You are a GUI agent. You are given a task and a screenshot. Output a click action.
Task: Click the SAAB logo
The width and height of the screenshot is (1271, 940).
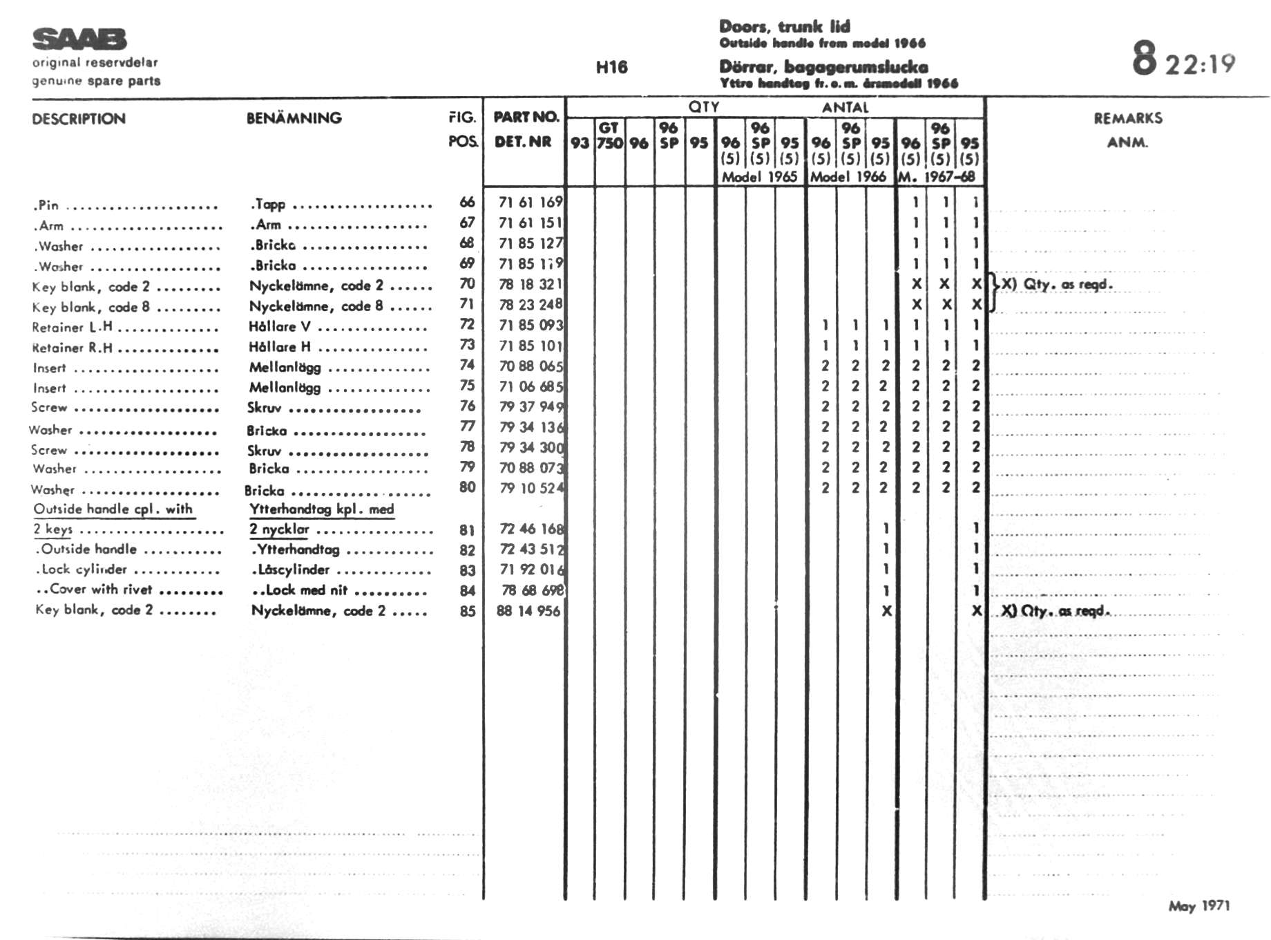tap(79, 39)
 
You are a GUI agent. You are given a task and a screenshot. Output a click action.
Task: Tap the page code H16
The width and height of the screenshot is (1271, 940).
tap(611, 67)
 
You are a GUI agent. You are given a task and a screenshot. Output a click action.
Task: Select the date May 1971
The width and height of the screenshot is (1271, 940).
tap(1198, 905)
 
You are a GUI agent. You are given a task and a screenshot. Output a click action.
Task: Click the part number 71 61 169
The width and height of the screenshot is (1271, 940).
tap(531, 202)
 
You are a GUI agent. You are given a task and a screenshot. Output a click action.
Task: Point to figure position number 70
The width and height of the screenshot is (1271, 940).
tap(468, 283)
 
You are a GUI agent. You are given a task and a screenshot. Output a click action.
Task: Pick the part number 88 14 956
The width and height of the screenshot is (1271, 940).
tap(528, 611)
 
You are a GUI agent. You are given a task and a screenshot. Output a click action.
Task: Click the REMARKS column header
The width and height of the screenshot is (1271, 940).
tap(1127, 118)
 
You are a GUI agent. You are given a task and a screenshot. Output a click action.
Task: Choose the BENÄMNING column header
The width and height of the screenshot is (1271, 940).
tap(294, 118)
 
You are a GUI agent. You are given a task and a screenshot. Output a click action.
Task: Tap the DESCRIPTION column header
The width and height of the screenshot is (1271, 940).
tap(79, 119)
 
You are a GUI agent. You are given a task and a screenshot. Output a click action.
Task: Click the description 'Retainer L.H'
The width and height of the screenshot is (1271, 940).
tap(72, 327)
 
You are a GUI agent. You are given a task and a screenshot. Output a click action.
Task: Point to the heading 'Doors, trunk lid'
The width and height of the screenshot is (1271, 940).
tap(785, 27)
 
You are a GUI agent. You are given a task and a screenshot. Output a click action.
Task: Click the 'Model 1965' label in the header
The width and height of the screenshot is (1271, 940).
tap(759, 177)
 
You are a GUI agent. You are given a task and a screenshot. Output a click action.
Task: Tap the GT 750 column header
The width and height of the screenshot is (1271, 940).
tap(609, 135)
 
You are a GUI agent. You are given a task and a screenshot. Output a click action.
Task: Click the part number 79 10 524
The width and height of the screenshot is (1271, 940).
tap(531, 488)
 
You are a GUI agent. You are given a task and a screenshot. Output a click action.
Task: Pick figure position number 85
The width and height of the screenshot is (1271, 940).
tap(468, 611)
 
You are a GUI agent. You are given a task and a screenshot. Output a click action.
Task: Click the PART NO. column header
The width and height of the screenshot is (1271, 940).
tap(525, 117)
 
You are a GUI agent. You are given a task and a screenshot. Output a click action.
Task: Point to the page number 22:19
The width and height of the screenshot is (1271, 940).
tap(1200, 64)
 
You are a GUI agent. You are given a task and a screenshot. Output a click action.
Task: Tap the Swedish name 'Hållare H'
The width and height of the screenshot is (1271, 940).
tap(280, 347)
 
